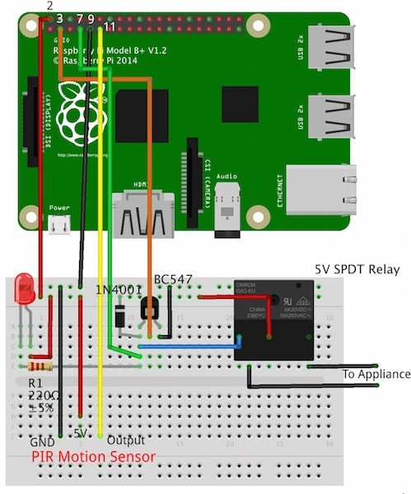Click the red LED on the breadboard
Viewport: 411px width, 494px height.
(26, 288)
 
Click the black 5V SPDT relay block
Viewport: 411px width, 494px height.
(273, 319)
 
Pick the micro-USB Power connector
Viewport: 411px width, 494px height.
(58, 225)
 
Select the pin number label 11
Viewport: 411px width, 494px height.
(109, 27)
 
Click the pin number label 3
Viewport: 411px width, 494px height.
(59, 18)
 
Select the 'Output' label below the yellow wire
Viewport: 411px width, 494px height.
(126, 440)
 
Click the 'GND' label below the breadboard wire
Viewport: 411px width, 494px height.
(42, 441)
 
